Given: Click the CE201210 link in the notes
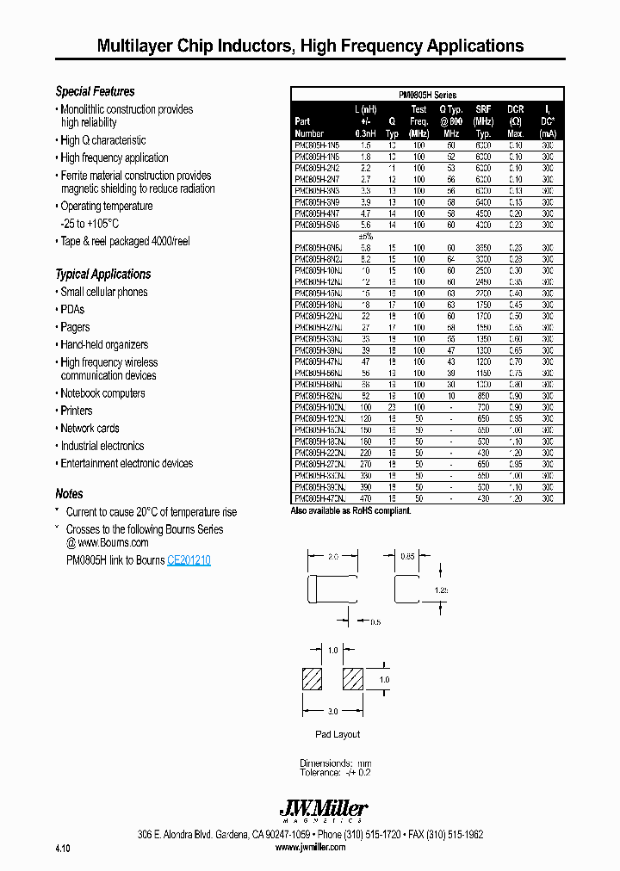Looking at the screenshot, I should pyautogui.click(x=189, y=560).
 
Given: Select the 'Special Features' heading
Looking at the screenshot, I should pyautogui.click(x=95, y=91).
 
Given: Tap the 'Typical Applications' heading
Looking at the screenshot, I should pyautogui.click(x=102, y=275).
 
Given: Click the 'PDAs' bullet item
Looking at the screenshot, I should pyautogui.click(x=72, y=310).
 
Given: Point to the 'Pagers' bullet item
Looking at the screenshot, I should pyautogui.click(x=75, y=327).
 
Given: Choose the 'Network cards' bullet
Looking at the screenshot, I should pyautogui.click(x=90, y=429).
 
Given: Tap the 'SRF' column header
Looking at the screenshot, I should pyautogui.click(x=483, y=109).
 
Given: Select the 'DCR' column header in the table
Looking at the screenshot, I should pyautogui.click(x=515, y=109).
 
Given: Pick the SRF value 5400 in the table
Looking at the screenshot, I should pyautogui.click(x=483, y=201).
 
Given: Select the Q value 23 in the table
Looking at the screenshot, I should pyautogui.click(x=392, y=405).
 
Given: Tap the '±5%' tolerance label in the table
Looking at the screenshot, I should pyautogui.click(x=366, y=236).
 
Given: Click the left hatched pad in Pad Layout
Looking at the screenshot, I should pyautogui.click(x=312, y=679).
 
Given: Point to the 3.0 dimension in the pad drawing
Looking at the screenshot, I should pyautogui.click(x=332, y=712).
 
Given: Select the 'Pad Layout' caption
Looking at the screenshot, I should pyautogui.click(x=338, y=734).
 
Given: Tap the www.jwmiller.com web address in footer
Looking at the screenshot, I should pyautogui.click(x=310, y=847).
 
